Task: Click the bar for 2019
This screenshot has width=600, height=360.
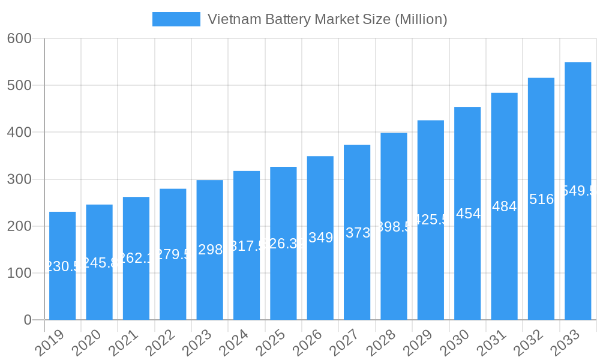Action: pyautogui.click(x=62, y=266)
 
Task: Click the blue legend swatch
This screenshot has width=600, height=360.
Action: pyautogui.click(x=176, y=19)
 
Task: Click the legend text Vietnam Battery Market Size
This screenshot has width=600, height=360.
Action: pyautogui.click(x=327, y=19)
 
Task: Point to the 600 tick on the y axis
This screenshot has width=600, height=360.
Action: pyautogui.click(x=19, y=38)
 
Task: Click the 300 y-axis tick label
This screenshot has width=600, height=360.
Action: pyautogui.click(x=19, y=179)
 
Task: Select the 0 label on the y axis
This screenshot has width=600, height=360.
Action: pyautogui.click(x=28, y=320)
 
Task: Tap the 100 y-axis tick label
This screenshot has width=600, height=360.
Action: pyautogui.click(x=19, y=273)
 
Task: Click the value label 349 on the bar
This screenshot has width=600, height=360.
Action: pyautogui.click(x=320, y=238)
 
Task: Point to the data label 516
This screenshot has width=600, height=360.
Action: pyautogui.click(x=541, y=199)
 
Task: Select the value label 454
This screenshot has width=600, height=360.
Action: pyautogui.click(x=468, y=214)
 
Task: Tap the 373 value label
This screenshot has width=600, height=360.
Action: pyautogui.click(x=358, y=233)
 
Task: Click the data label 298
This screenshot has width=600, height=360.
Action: pyautogui.click(x=210, y=250)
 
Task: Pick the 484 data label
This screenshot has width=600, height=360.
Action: pyautogui.click(x=504, y=206)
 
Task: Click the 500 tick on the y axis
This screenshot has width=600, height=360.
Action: pyautogui.click(x=19, y=85)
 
